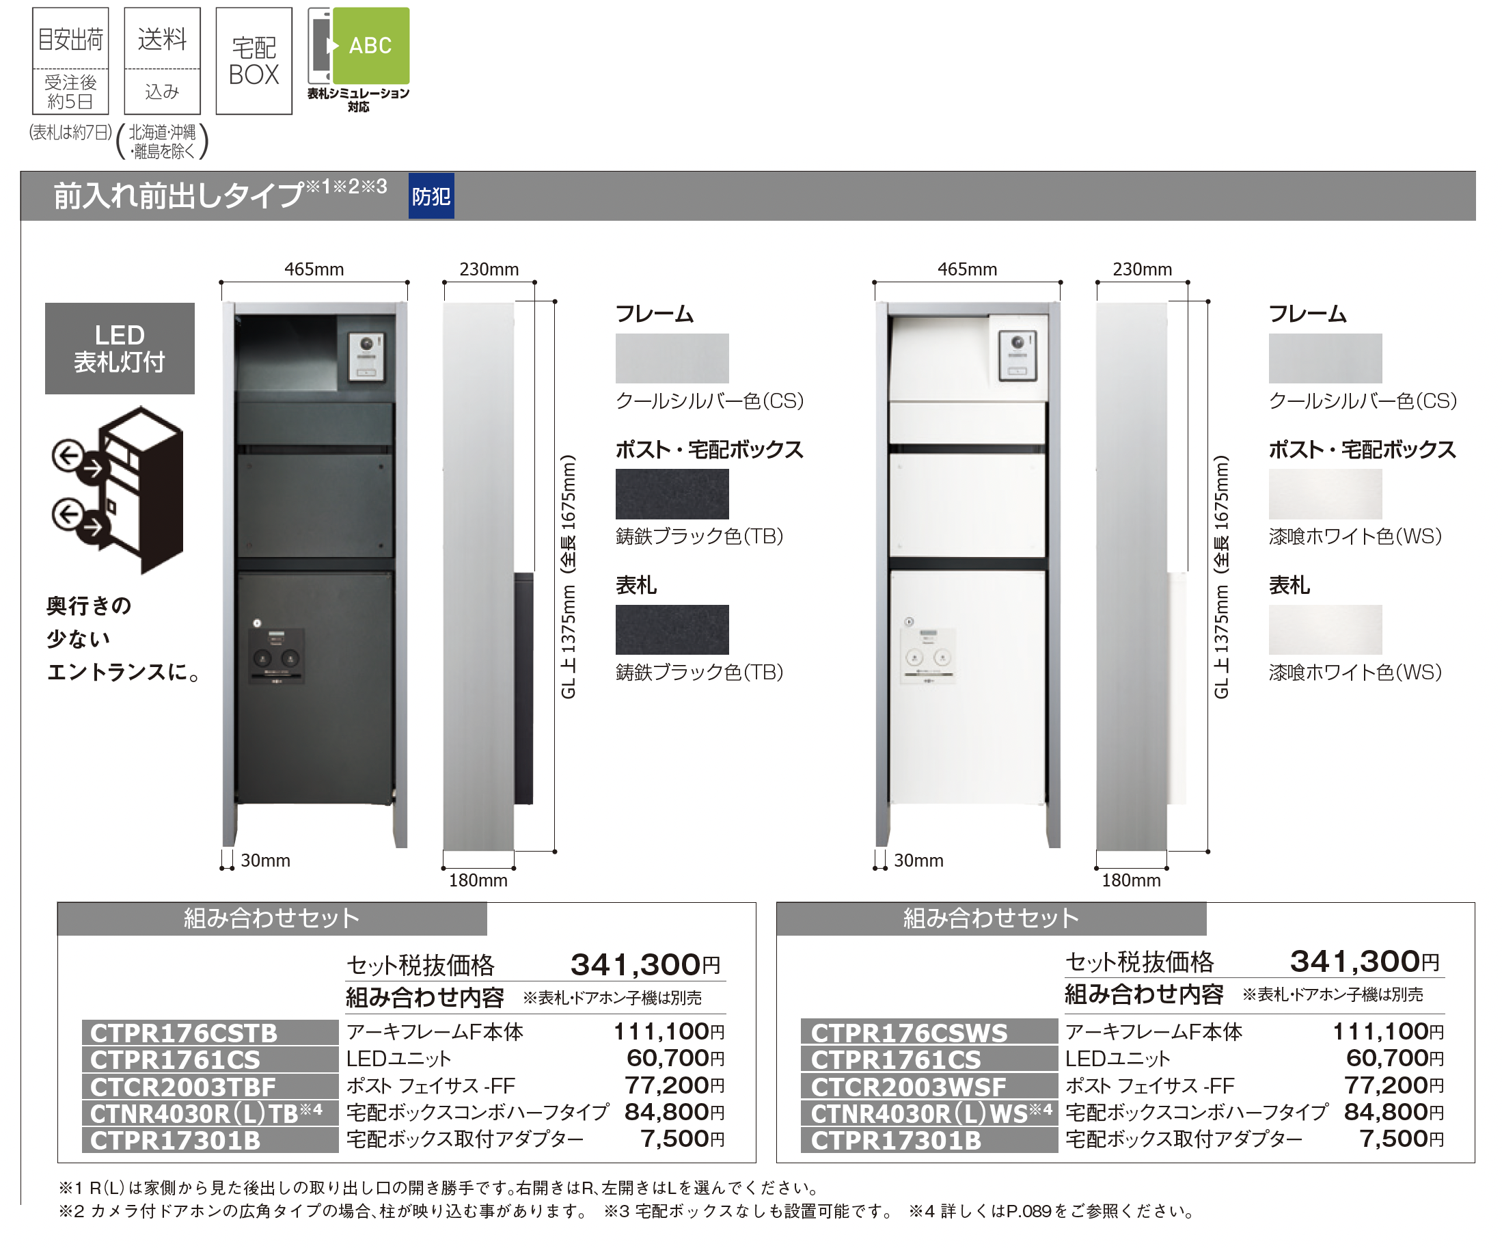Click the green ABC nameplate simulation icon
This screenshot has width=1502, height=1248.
coord(370,46)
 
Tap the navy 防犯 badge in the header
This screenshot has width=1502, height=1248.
coord(431,196)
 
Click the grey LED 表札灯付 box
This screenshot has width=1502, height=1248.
coord(120,349)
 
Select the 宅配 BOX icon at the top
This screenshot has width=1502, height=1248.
coord(254,61)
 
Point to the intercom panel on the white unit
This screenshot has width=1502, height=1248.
coord(1018,355)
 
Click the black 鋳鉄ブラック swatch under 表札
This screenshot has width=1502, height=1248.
coord(672,629)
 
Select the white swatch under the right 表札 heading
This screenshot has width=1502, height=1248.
coord(1324,629)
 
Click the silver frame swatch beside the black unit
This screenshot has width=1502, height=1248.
coord(672,357)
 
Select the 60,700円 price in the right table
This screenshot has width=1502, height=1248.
coord(1394,1058)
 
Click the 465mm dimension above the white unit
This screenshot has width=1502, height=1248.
coord(967,269)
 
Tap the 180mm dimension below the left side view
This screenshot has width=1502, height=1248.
coord(478,880)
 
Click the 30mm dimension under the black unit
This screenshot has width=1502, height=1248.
coord(264,860)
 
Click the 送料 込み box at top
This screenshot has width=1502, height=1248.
coord(163,61)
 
